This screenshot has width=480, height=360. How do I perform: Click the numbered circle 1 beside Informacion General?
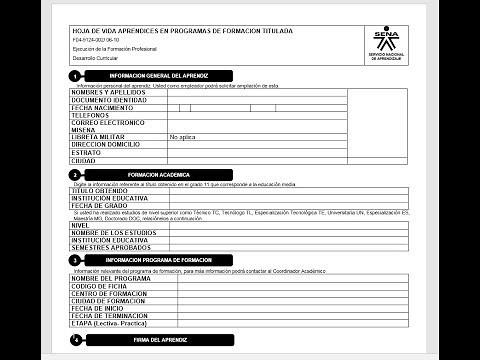point(76,76)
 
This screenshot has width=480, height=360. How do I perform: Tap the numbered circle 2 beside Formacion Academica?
point(76,175)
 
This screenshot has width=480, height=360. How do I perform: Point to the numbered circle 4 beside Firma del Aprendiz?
point(76,341)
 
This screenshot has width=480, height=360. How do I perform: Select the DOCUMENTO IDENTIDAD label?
point(109,101)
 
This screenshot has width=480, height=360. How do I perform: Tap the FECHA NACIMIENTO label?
point(103,108)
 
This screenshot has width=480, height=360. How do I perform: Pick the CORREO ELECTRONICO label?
point(109,123)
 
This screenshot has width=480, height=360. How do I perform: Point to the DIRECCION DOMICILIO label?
point(112,144)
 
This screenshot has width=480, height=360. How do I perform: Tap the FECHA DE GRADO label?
point(100,205)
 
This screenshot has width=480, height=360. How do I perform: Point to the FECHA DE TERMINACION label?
point(111,316)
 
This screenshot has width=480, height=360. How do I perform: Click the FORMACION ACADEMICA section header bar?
point(159,175)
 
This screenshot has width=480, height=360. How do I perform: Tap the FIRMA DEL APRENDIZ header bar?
point(159,341)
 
